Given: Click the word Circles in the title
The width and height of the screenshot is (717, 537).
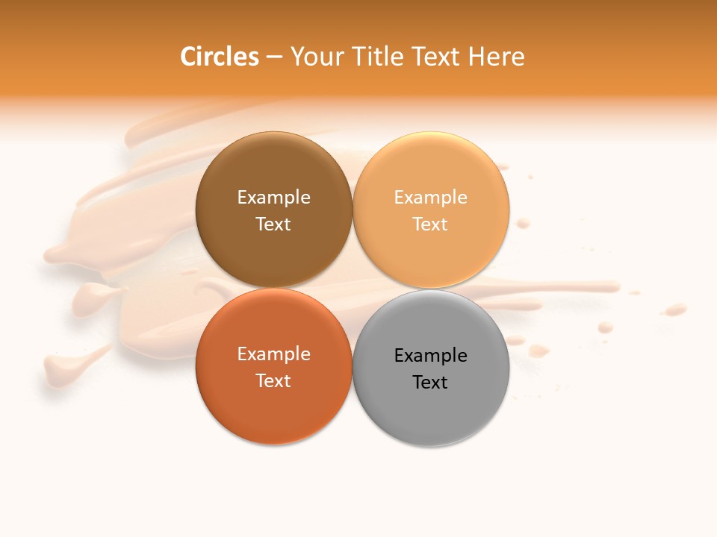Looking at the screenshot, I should [219, 57].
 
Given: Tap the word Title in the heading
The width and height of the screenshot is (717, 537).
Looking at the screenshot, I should [379, 57].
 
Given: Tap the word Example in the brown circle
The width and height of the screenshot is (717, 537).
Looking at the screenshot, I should [273, 198].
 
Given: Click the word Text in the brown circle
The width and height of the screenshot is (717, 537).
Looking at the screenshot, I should [273, 224].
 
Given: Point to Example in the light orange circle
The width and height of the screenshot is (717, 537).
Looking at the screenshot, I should [430, 198].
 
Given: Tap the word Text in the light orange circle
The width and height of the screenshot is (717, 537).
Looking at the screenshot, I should [430, 224].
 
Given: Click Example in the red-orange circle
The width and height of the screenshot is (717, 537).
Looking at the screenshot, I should [273, 354].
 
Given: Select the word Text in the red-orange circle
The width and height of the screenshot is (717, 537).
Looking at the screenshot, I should [273, 381].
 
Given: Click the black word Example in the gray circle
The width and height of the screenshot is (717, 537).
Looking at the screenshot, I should [430, 356].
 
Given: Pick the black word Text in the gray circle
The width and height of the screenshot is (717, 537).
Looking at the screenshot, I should [430, 383].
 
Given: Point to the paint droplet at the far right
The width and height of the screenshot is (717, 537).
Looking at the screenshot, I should [676, 309].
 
